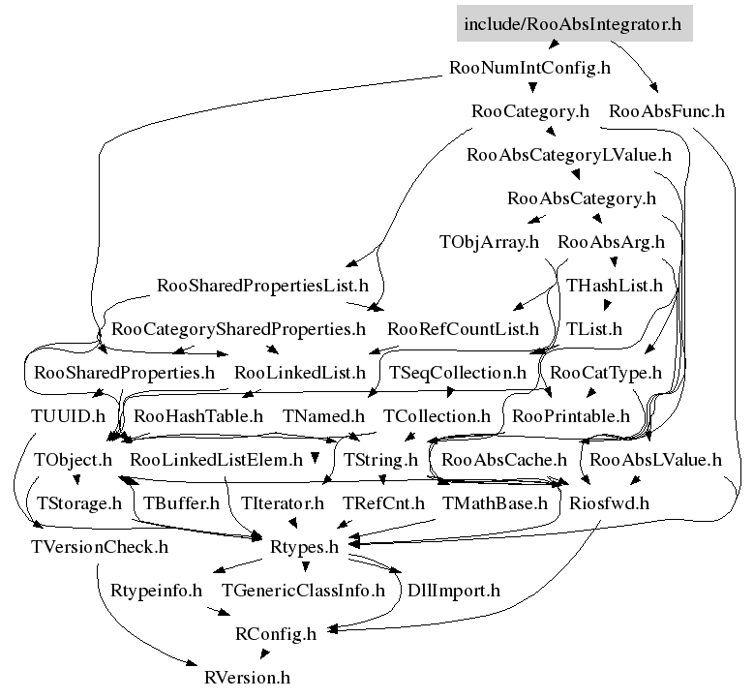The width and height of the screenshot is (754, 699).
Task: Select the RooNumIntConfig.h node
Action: (530, 68)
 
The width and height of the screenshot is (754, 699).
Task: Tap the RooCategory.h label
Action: (529, 110)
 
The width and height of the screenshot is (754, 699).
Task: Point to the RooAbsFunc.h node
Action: (667, 110)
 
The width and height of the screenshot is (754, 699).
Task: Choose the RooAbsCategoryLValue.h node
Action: (569, 154)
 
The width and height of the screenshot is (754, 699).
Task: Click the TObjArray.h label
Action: (488, 241)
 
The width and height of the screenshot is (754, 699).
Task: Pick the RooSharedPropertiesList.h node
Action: (262, 286)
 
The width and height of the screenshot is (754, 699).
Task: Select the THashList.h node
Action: (615, 286)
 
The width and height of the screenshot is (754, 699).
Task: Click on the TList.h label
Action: (594, 328)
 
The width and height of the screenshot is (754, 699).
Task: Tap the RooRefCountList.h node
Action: (463, 328)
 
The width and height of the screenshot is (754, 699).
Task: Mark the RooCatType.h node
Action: (606, 372)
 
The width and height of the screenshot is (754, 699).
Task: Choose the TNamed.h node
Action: (322, 416)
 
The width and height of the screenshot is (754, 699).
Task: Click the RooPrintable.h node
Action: (571, 416)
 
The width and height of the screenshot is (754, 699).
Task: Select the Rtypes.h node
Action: (304, 547)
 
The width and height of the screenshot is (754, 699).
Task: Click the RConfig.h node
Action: (276, 634)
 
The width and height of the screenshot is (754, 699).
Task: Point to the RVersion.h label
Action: (247, 678)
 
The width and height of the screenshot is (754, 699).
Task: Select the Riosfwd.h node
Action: (609, 502)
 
